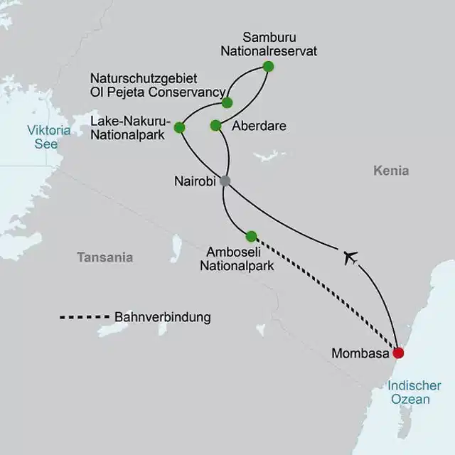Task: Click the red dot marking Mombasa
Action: [398, 353]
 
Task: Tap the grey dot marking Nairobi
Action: [225, 181]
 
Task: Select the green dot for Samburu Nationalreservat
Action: [268, 67]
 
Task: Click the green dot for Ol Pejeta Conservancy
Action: [227, 102]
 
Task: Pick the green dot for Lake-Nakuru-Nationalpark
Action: [179, 128]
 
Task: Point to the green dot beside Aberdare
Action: [215, 126]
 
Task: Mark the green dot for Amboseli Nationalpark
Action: [250, 236]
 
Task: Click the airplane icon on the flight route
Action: [349, 257]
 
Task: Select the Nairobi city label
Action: [194, 181]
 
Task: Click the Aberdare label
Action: [259, 126]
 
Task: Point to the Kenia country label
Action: [390, 171]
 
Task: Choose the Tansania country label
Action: [105, 257]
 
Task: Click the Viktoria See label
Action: [48, 137]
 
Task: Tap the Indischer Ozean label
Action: [408, 392]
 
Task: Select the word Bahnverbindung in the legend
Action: [162, 317]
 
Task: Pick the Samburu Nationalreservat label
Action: [279, 43]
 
